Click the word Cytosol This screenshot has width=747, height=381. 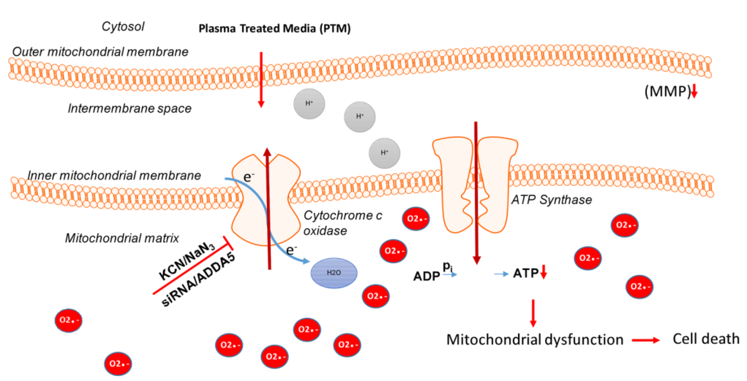click(123, 27)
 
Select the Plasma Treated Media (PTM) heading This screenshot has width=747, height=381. click(275, 29)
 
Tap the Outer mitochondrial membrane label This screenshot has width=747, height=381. click(100, 52)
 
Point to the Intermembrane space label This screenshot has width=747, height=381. click(130, 109)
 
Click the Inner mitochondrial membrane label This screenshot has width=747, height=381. click(114, 176)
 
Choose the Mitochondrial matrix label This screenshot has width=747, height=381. click(122, 238)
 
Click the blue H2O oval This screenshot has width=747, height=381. click(334, 273)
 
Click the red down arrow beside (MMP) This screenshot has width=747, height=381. click(694, 91)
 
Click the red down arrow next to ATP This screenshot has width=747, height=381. click(544, 272)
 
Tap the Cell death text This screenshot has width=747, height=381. click(706, 339)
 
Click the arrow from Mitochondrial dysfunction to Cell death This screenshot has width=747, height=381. click(646, 340)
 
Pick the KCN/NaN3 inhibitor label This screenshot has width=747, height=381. click(187, 260)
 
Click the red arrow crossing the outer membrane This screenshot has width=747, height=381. click(261, 80)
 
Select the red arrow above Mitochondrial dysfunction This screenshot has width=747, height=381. click(533, 313)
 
